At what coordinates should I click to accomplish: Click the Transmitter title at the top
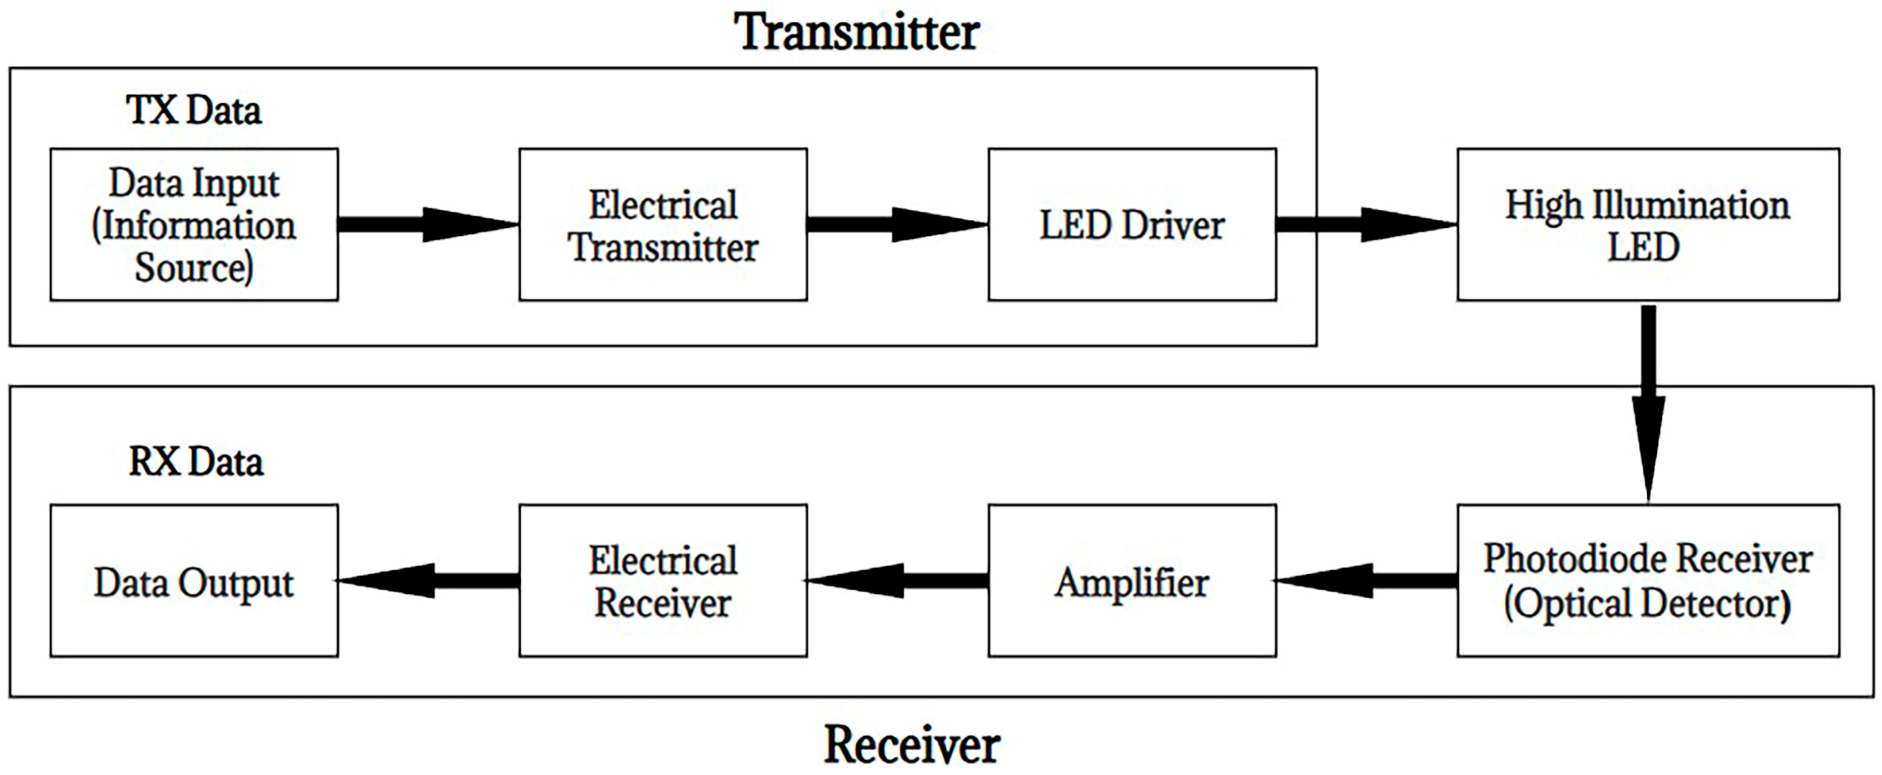coord(856,33)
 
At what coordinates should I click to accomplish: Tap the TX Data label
coord(194,110)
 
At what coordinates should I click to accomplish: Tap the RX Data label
coord(196,462)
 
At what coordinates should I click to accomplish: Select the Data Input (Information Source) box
coord(194,224)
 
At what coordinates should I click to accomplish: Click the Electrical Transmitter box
coord(662,224)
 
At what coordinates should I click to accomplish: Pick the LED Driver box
coord(1132,224)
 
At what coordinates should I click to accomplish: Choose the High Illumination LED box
coord(1648,224)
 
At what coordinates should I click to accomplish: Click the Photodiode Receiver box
coord(1648,580)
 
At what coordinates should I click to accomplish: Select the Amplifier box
coord(1132,581)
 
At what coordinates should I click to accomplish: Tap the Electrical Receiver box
coord(662,581)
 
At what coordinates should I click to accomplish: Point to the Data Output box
coord(194,581)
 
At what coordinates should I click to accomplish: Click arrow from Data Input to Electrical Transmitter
coord(428,224)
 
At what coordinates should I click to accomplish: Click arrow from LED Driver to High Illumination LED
coord(1366,224)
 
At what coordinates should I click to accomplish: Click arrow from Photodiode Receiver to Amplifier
coord(1366,580)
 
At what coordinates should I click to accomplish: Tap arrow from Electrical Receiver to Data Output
coord(428,580)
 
